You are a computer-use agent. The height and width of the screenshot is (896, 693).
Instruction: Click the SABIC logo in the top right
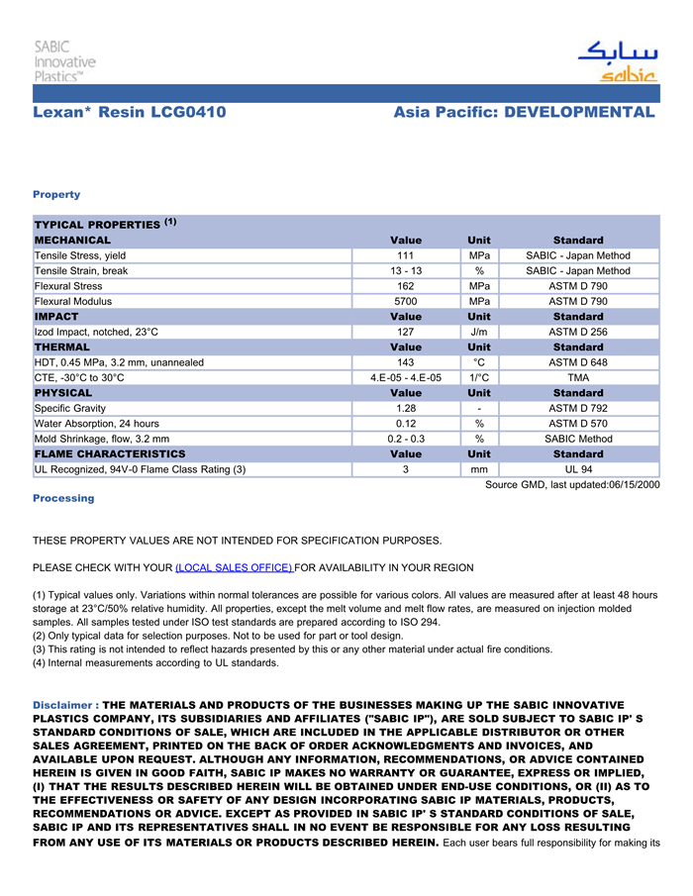coord(616,61)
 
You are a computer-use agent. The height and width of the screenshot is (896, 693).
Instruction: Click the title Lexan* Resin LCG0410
coord(130,112)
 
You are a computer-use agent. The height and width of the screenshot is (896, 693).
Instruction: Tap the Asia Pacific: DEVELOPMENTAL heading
coord(524,112)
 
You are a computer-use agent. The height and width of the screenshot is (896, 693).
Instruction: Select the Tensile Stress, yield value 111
coord(405,255)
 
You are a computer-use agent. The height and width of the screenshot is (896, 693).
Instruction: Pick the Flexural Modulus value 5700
coord(405,301)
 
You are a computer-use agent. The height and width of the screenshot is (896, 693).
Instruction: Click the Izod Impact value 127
coord(405,332)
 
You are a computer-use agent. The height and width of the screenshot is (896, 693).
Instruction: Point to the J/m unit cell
coord(478,332)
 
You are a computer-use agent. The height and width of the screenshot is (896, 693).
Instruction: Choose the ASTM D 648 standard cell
coord(578,362)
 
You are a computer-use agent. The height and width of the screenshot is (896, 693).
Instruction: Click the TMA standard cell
coord(578,377)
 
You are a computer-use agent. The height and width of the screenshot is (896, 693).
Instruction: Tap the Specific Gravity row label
coord(70,408)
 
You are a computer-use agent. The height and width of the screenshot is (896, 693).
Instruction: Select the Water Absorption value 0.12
coord(405,424)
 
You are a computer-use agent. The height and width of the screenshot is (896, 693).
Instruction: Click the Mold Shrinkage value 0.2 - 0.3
coord(405,439)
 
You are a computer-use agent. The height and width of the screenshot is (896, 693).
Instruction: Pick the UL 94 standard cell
coord(578,469)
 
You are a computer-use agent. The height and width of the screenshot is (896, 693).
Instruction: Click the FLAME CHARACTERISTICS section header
coord(110,453)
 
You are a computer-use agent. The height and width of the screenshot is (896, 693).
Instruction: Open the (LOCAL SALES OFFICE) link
coord(234,567)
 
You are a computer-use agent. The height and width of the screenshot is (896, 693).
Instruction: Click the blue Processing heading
coord(63,498)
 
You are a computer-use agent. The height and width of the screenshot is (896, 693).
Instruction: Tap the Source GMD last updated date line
coord(572,484)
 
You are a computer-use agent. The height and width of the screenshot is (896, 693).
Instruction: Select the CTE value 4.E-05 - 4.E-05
coord(405,377)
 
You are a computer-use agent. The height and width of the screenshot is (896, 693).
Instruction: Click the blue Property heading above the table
coord(56,194)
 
